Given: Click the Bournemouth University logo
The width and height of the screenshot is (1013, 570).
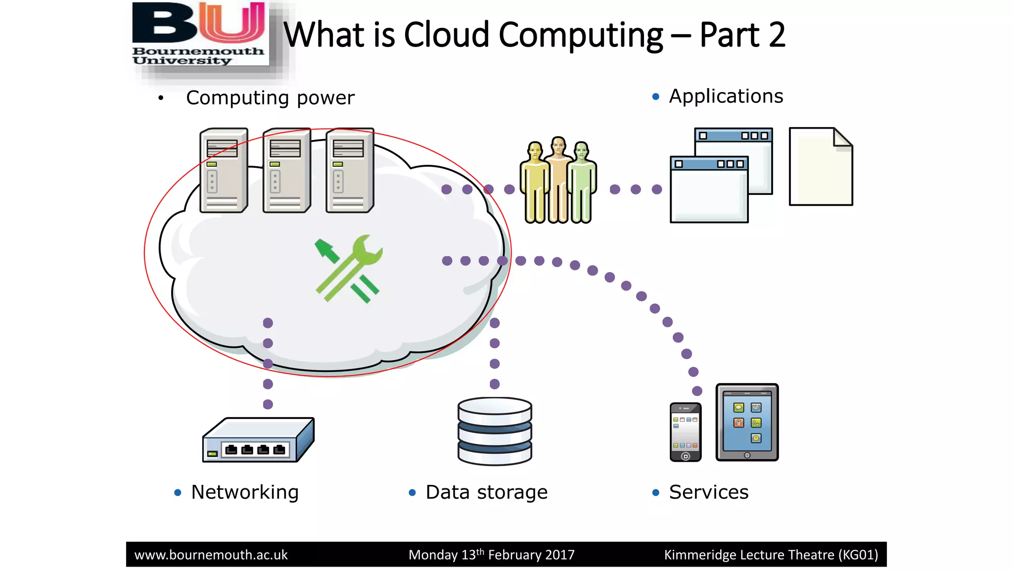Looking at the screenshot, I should coord(200,35).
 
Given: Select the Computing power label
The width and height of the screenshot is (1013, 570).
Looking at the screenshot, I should coord(270,98).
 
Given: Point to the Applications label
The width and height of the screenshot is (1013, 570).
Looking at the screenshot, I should coord(726,96).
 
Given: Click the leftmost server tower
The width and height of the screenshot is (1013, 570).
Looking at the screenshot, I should coord(224,171).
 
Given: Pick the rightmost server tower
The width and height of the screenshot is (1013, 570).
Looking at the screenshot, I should coord(350,171).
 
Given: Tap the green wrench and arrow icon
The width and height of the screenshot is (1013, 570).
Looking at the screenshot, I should coord(349,269).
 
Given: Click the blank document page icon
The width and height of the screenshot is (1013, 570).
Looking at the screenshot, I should coord(821,167).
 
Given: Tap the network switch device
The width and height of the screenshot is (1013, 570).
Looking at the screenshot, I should coord(258,440).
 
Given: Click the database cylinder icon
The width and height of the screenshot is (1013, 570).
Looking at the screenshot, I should coord(495,431).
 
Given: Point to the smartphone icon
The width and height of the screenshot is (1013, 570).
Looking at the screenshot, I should coord(685,432).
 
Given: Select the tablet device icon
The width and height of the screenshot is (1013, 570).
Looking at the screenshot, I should coord(747,422).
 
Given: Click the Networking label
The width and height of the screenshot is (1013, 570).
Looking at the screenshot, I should coord(245,492).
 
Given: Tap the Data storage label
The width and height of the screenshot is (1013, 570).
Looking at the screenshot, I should coord(486,492).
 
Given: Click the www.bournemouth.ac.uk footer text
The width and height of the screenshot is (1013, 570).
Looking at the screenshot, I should coord(211,555).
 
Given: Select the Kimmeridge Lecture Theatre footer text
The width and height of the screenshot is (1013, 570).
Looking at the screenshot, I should coord(771,555).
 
